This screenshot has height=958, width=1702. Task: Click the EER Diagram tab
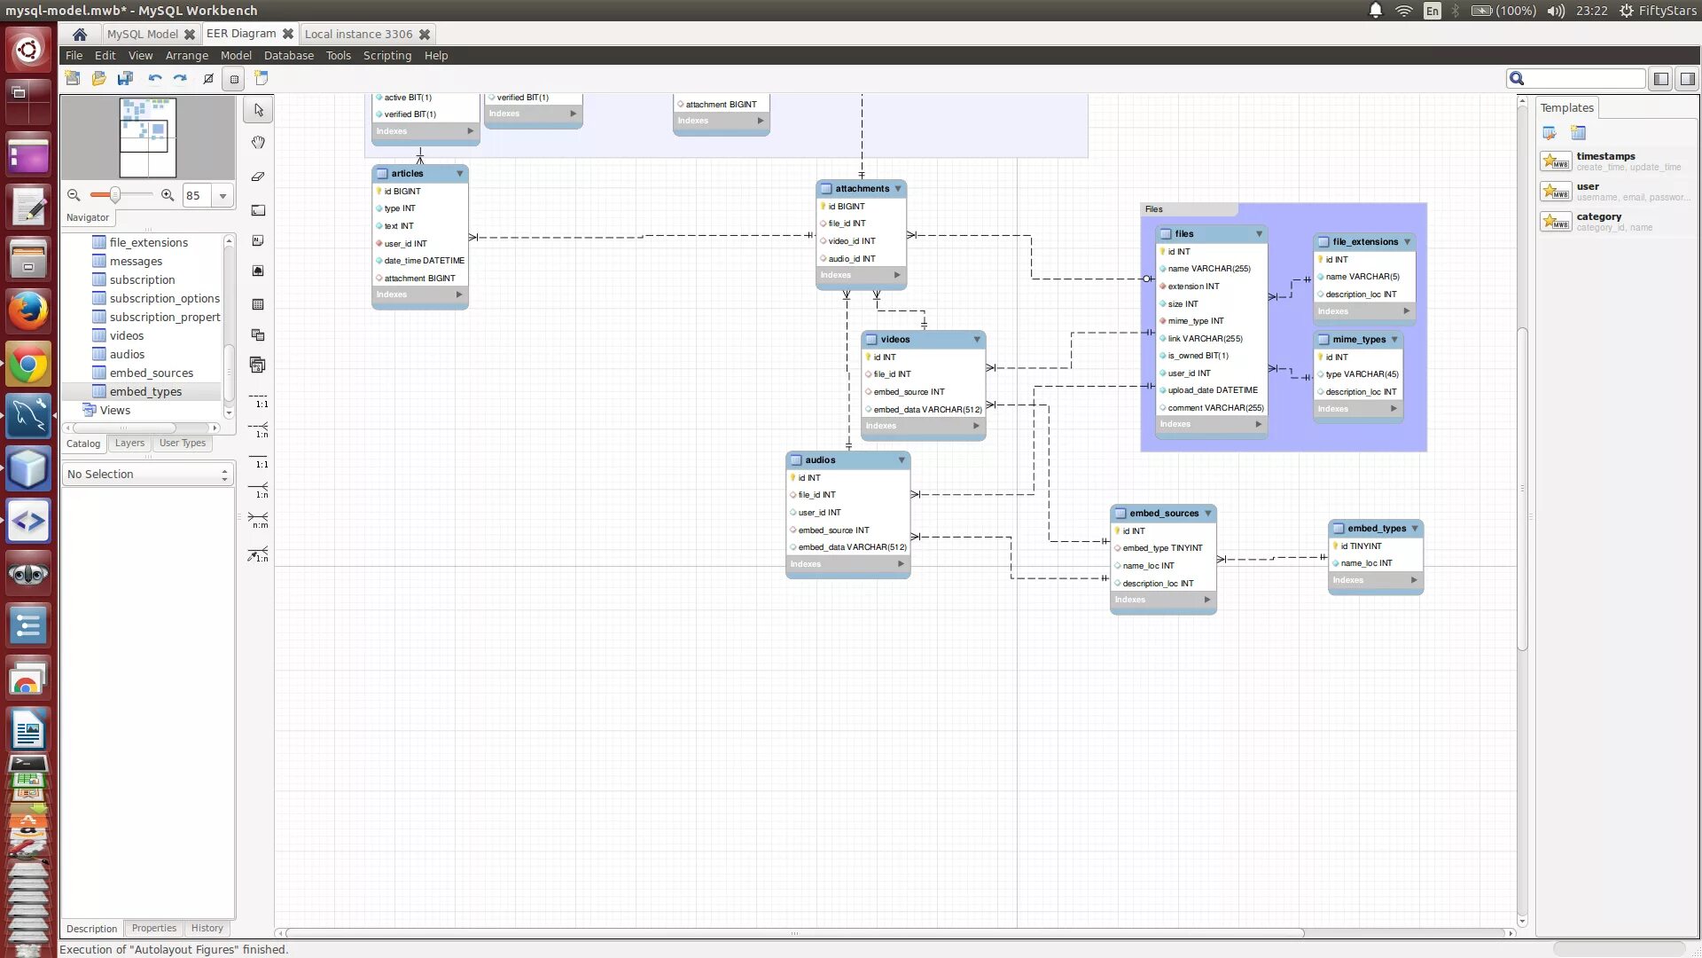coord(241,34)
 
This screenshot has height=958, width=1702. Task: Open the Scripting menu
coord(386,55)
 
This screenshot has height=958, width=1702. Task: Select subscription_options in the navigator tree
coord(164,299)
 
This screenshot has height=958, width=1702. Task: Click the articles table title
coord(407,174)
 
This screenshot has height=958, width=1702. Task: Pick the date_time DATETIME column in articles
coord(424,261)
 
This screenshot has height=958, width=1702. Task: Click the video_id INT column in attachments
coord(851,241)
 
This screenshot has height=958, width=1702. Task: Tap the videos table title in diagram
coord(894,340)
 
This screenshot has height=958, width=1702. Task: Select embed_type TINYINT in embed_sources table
coord(1162,548)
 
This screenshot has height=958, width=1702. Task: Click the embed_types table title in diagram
coord(1376,529)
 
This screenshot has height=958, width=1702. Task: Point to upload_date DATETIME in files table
coord(1212,390)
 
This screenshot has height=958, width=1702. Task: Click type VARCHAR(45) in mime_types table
coord(1362,374)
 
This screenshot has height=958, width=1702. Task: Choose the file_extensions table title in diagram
coord(1364,242)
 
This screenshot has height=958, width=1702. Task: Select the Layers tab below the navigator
coord(129,444)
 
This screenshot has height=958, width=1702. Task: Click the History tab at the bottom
coord(207,929)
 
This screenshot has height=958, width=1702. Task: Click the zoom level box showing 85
coord(197,196)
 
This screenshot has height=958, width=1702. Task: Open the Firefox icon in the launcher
coord(28,311)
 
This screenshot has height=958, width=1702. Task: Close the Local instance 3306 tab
coord(425,35)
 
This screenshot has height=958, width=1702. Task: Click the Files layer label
coord(1153,210)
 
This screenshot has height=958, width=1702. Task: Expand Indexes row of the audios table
coord(901,564)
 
